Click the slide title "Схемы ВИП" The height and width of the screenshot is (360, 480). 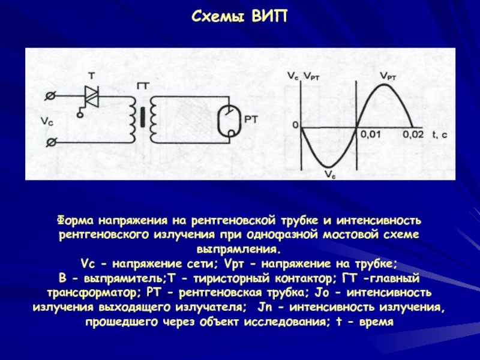(x=239, y=16)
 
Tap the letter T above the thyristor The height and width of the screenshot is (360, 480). (x=92, y=76)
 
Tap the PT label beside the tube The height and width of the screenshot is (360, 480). (x=251, y=120)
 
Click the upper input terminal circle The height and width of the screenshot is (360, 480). (x=51, y=95)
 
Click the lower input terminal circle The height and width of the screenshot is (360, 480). (x=51, y=142)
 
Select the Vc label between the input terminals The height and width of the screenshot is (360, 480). (x=46, y=121)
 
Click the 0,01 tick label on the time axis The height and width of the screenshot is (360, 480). (x=370, y=134)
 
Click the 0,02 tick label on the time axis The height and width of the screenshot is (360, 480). (x=413, y=134)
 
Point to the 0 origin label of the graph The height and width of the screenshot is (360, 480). (x=295, y=125)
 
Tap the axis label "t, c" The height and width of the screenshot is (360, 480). (x=440, y=134)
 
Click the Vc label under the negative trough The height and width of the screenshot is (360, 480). (x=330, y=175)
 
